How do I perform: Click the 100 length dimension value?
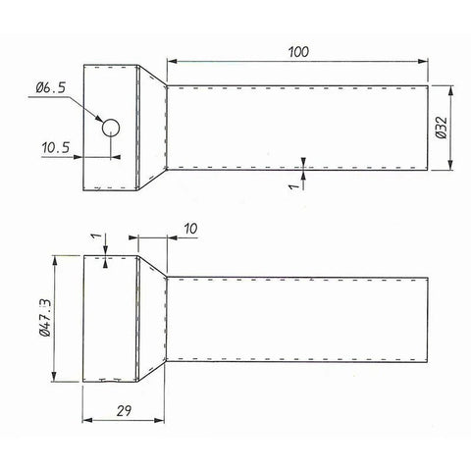point(298,52)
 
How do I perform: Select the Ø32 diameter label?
point(442,128)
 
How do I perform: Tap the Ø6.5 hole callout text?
point(51,87)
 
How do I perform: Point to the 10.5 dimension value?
point(56,147)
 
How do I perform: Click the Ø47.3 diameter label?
point(45,319)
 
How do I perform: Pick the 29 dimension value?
point(124,410)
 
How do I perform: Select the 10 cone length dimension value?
point(190,229)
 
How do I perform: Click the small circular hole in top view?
point(111,128)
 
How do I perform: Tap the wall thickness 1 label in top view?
point(294,186)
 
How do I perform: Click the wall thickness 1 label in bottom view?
point(95,235)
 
